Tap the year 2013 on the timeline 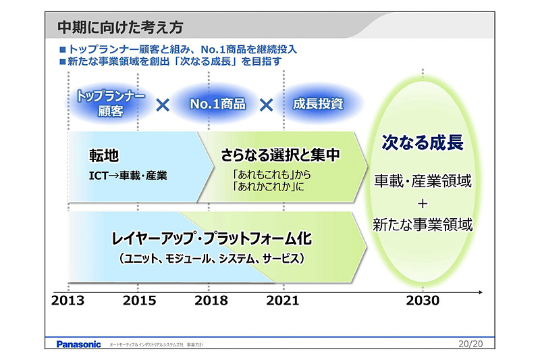[x=68, y=301]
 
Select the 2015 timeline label [x=139, y=301]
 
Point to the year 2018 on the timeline [x=211, y=301]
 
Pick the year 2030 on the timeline [x=423, y=301]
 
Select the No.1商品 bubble [x=217, y=105]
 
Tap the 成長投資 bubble [x=318, y=105]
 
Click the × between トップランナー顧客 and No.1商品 [x=163, y=105]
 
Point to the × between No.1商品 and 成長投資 [x=267, y=105]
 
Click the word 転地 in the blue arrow [x=104, y=156]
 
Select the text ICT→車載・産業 [x=128, y=176]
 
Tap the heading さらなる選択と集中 [x=279, y=155]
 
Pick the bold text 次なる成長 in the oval [x=423, y=143]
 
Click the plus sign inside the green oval [x=423, y=203]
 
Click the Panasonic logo [x=78, y=344]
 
